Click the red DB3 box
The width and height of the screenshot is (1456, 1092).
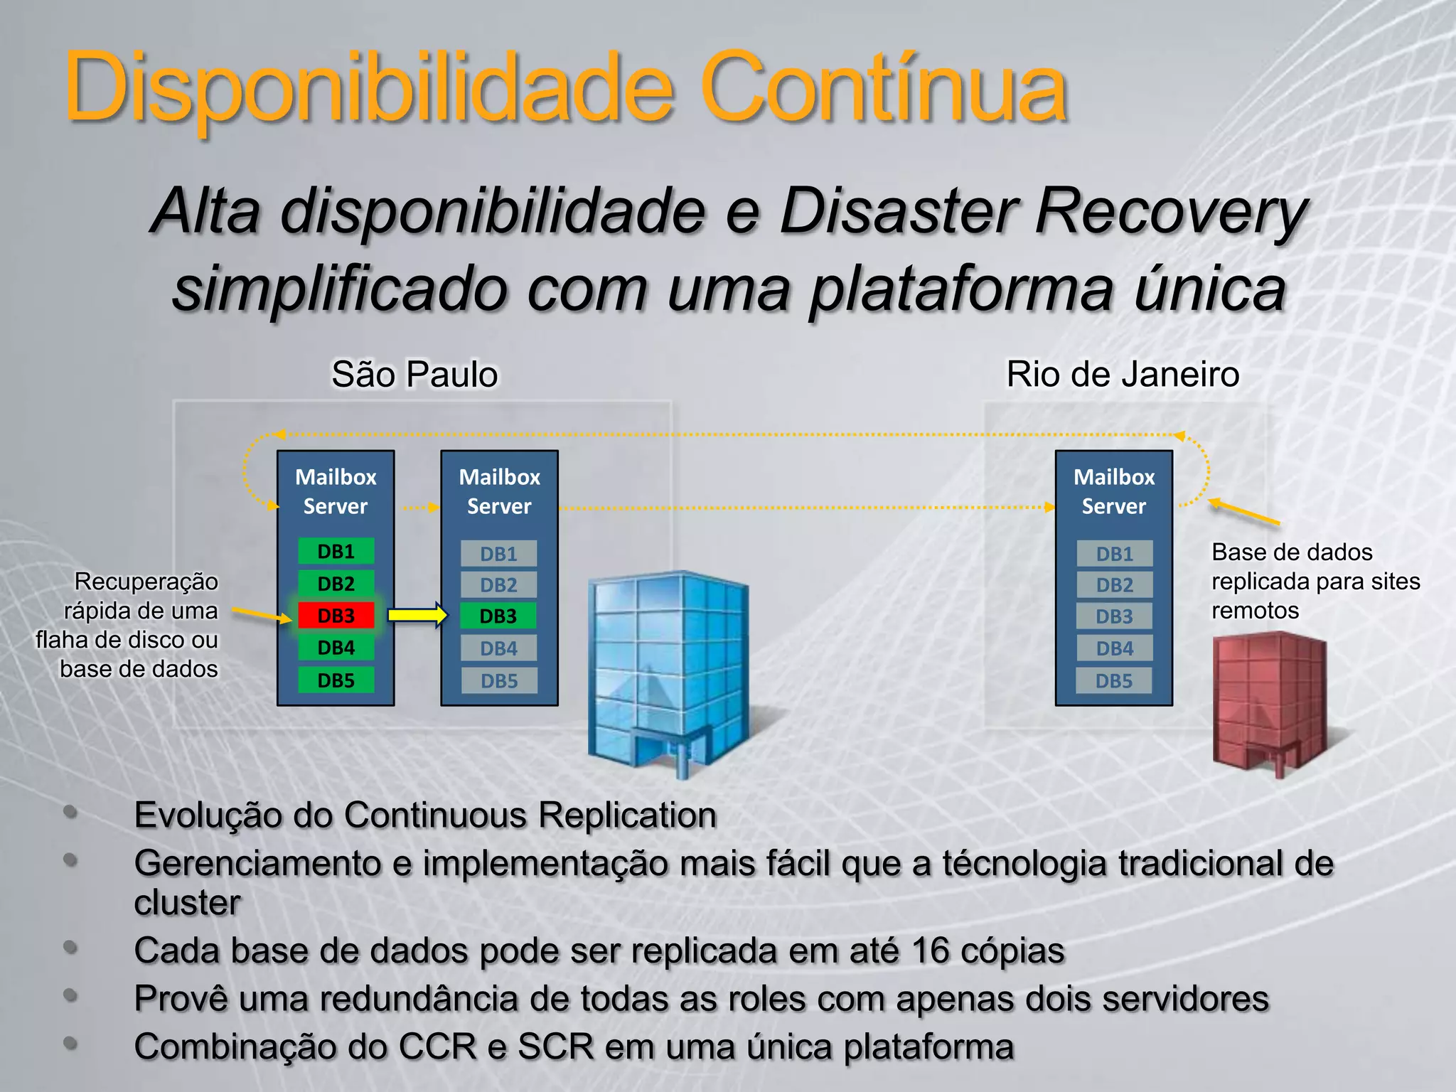336,616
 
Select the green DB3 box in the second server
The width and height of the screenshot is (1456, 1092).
498,616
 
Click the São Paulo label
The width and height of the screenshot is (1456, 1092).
414,375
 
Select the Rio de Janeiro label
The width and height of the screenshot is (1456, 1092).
1123,375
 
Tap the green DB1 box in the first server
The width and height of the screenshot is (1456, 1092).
336,552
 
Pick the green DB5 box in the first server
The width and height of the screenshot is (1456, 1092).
336,680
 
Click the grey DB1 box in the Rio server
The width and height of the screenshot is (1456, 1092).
1114,554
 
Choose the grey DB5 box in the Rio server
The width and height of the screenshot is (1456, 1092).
1114,681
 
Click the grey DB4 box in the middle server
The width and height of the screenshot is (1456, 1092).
498,648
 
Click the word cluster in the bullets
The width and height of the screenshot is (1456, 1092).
188,903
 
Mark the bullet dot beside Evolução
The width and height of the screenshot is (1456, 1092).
70,812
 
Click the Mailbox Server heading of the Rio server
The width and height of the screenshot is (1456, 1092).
1114,491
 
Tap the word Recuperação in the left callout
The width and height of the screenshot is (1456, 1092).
146,582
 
